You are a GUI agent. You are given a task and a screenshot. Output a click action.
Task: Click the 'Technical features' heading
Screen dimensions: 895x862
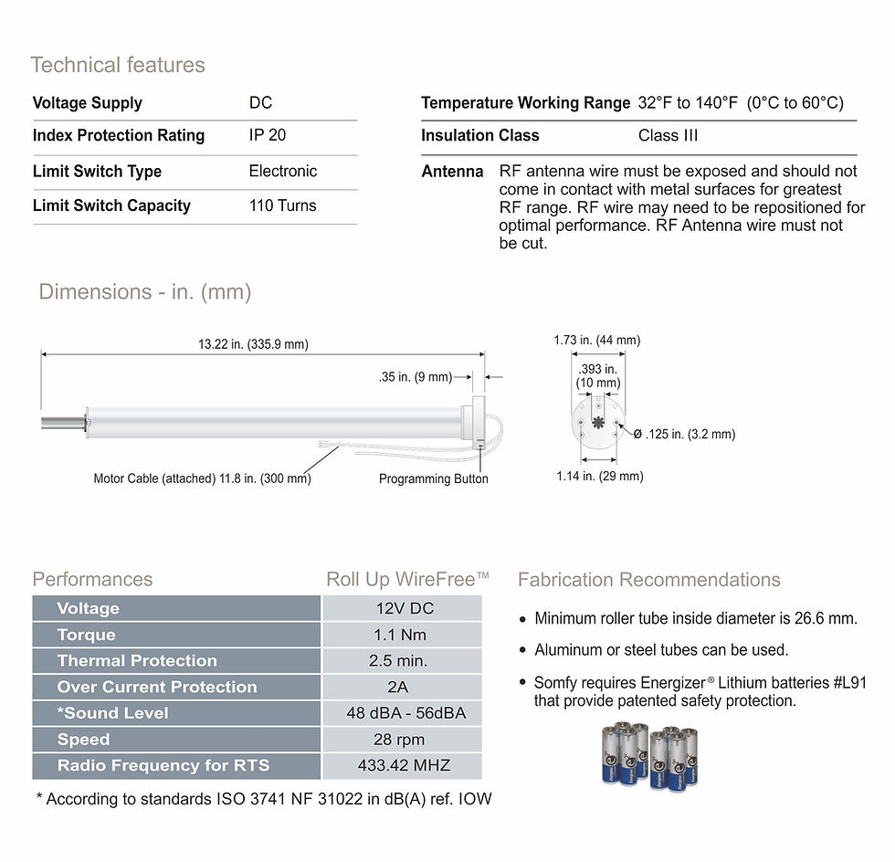click(x=118, y=65)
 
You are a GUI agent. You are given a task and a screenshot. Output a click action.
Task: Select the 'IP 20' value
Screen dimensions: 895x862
click(x=267, y=135)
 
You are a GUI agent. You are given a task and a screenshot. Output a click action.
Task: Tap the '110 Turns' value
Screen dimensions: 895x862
click(x=282, y=205)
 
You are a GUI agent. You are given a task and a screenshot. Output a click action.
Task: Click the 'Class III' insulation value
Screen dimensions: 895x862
click(x=668, y=135)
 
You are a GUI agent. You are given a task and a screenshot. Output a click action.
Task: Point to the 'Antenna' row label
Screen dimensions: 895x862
click(x=452, y=172)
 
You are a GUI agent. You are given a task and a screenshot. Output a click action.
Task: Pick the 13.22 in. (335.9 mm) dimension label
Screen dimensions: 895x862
click(x=253, y=344)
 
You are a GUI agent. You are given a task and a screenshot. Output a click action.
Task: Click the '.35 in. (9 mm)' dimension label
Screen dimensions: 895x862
click(x=415, y=377)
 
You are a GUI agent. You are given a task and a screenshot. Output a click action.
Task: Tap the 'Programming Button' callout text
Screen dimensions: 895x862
click(x=433, y=479)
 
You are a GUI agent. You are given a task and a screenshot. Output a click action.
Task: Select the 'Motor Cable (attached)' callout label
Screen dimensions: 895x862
click(x=154, y=478)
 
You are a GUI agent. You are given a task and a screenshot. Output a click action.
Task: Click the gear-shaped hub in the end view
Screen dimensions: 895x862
click(x=597, y=423)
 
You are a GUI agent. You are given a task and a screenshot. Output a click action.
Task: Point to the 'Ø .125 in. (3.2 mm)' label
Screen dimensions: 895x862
click(x=684, y=434)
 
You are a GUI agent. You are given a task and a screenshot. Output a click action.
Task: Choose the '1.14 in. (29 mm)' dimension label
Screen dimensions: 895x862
click(x=600, y=476)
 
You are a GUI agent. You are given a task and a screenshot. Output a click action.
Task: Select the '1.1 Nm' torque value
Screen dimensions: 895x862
click(x=400, y=635)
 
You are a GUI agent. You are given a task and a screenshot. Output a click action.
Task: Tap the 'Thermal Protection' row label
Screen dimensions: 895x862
click(x=137, y=660)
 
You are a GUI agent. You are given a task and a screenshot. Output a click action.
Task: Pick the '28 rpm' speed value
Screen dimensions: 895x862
click(x=398, y=740)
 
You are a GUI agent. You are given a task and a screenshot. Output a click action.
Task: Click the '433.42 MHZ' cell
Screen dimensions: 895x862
click(x=404, y=765)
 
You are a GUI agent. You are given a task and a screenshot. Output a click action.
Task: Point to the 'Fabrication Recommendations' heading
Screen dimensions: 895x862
click(x=649, y=580)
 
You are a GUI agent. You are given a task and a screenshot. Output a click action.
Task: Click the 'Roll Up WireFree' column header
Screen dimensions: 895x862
click(x=407, y=580)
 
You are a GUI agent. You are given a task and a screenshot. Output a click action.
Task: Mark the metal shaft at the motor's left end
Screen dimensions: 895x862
click(x=63, y=423)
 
